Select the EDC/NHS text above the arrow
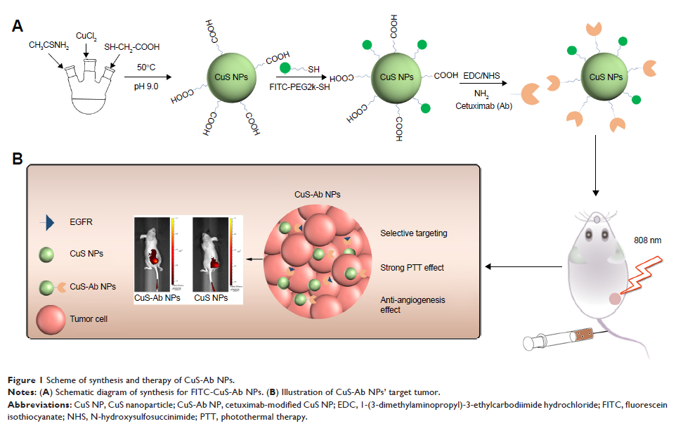[482, 72]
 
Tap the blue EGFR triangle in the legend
[48, 224]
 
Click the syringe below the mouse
[562, 341]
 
